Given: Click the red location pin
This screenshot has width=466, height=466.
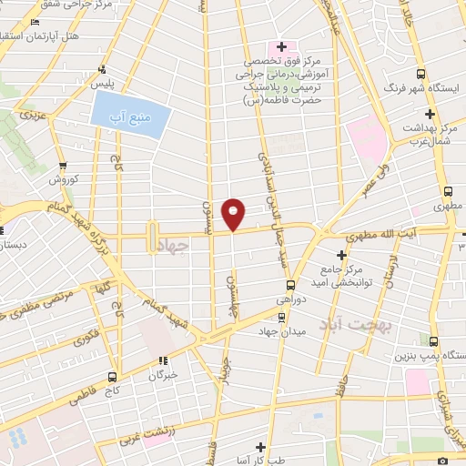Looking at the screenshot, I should pos(234,213).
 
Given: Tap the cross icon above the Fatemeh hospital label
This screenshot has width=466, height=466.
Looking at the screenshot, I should pos(281,46).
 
